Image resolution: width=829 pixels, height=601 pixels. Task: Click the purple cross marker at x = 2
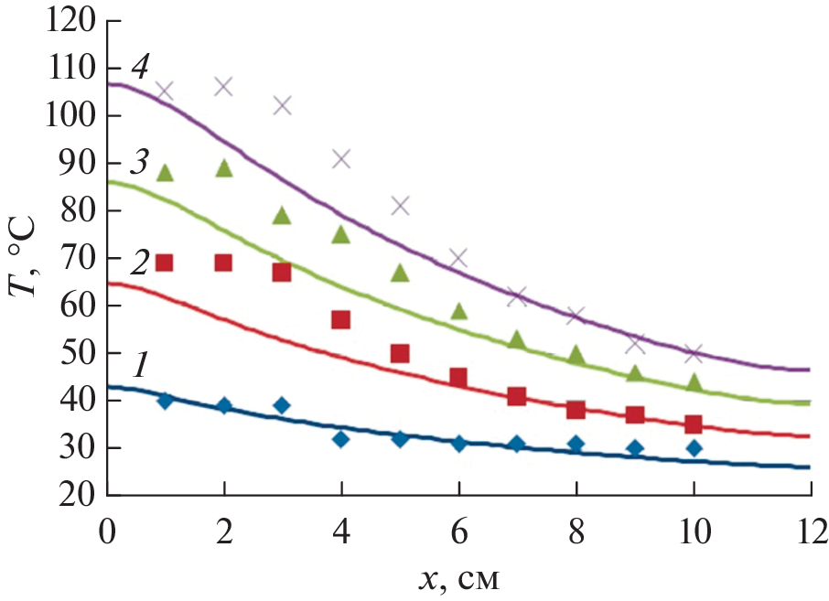[x=223, y=87]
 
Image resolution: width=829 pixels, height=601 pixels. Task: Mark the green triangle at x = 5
[x=400, y=273]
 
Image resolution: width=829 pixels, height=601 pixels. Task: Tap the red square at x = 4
[x=341, y=319]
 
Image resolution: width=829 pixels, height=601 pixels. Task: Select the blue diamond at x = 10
[x=694, y=447]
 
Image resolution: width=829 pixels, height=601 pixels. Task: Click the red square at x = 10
[x=694, y=424]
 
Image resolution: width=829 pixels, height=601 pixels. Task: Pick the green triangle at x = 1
[x=165, y=173]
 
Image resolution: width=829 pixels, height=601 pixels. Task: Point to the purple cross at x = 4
[x=341, y=159]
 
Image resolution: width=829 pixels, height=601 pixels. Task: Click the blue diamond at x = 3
[x=282, y=405]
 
